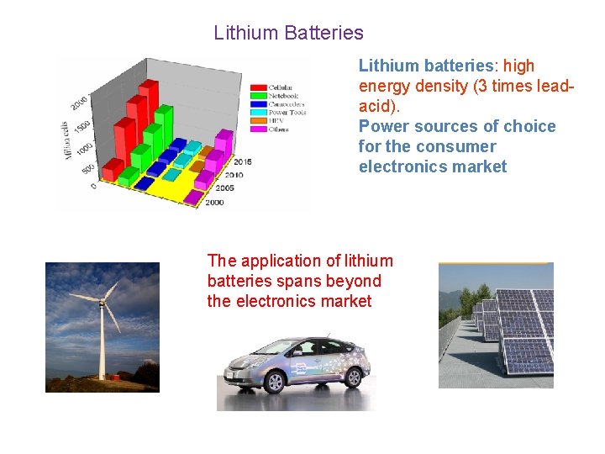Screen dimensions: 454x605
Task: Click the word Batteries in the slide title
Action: (x=324, y=33)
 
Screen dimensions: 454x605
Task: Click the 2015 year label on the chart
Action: (x=243, y=161)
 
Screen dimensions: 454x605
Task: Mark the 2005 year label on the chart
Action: (x=224, y=189)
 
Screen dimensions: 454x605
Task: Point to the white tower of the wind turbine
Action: (x=102, y=345)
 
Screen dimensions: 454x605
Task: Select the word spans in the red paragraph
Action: (x=306, y=281)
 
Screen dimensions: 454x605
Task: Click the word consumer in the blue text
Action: (x=463, y=146)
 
